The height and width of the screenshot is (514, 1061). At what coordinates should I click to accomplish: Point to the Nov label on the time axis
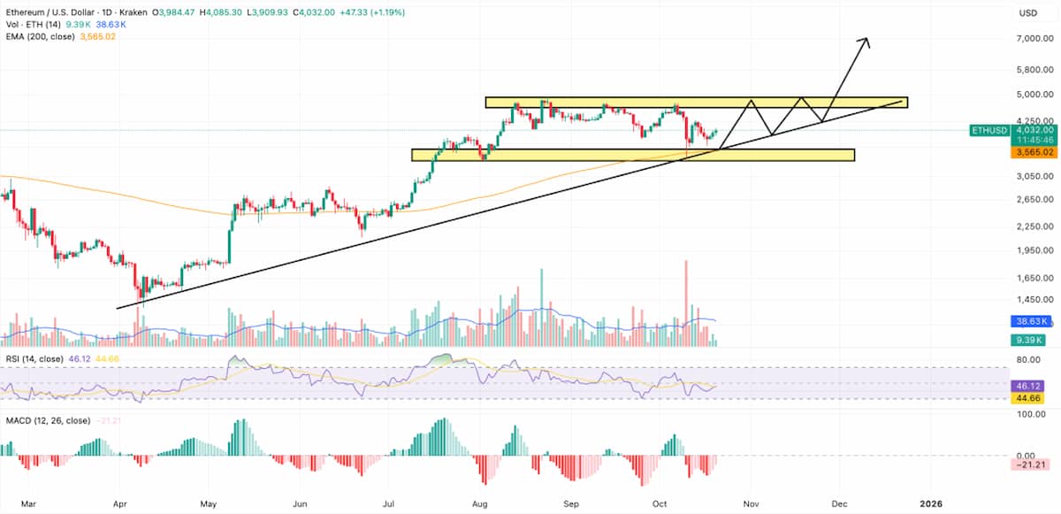[750, 503]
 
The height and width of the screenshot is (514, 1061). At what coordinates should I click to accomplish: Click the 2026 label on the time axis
[930, 503]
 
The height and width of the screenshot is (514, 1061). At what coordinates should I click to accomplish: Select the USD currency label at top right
[1028, 13]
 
